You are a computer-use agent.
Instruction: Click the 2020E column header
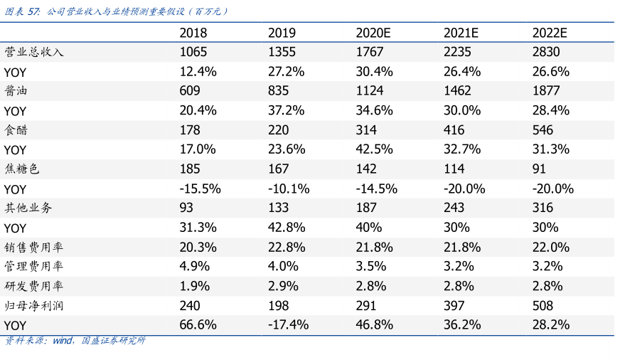tap(373, 33)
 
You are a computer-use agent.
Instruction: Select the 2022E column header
tap(550, 33)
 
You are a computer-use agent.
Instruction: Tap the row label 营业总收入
tap(34, 52)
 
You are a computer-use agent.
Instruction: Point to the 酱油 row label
tap(16, 90)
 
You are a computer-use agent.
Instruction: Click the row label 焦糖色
tap(22, 169)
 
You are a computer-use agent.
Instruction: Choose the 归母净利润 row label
tap(34, 306)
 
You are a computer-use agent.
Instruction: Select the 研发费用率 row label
tap(34, 286)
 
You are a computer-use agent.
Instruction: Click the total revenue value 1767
tap(370, 52)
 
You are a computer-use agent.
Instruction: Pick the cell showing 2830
tap(546, 52)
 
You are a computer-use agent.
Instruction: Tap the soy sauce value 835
tap(278, 90)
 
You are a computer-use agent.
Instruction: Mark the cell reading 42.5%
tap(374, 149)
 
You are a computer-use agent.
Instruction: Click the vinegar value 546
tap(543, 130)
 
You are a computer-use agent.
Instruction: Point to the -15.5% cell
tap(200, 189)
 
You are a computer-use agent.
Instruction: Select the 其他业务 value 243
tap(454, 208)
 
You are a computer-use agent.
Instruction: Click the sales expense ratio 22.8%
tap(287, 247)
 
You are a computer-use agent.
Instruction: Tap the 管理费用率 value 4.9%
tap(195, 266)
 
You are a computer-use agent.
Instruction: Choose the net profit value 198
tap(278, 306)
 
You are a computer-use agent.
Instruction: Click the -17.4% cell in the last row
tap(288, 325)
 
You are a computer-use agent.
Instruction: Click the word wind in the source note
tap(63, 341)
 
